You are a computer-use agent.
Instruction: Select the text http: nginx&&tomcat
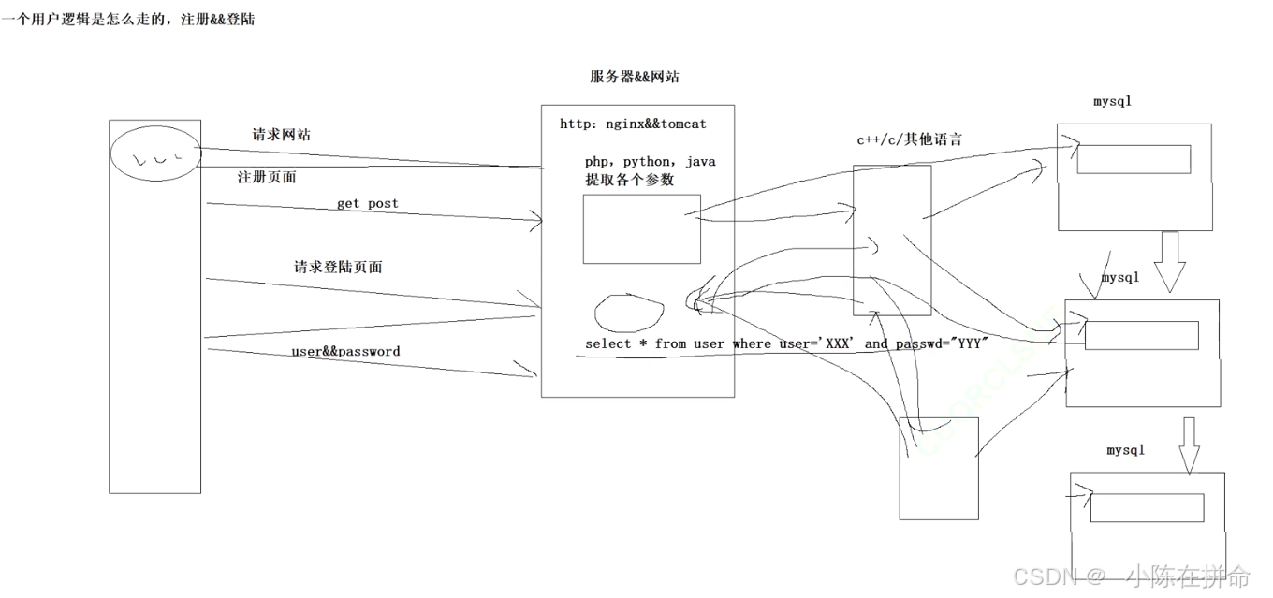tap(633, 124)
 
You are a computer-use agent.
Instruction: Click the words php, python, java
tap(650, 162)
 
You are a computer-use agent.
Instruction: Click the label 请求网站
tap(281, 135)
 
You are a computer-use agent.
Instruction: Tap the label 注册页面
tap(267, 177)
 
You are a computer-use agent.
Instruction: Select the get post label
tap(367, 203)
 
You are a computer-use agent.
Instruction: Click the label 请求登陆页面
tap(338, 268)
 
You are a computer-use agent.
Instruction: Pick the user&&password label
tap(345, 352)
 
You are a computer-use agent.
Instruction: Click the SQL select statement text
tap(787, 343)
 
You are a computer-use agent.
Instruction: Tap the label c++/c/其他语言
tap(909, 140)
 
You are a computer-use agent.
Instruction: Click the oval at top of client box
tap(155, 153)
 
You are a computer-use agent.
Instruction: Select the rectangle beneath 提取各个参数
tap(641, 229)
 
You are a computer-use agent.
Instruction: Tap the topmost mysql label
tap(1112, 101)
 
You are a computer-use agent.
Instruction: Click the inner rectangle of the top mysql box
tap(1134, 159)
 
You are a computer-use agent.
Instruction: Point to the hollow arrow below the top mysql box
tap(1170, 260)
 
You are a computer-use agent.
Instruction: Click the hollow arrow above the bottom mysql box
tap(1189, 445)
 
